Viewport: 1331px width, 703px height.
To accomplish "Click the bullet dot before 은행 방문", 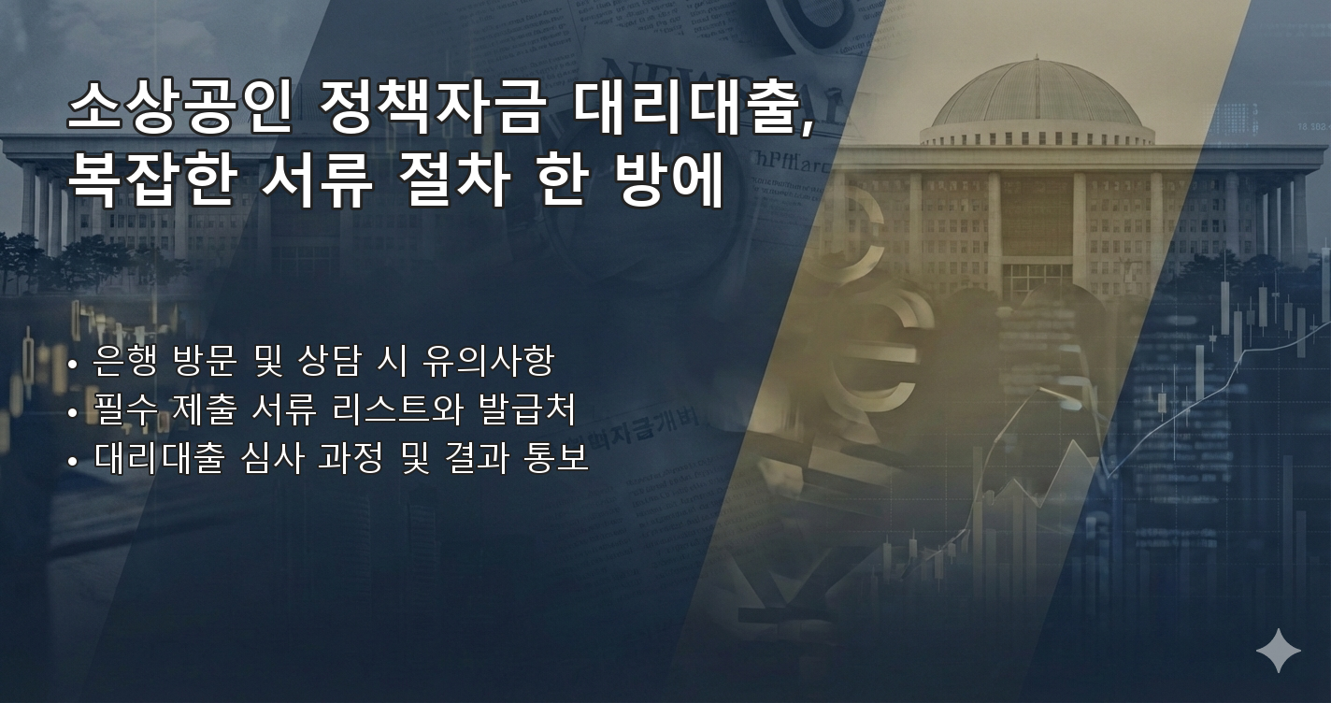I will pyautogui.click(x=73, y=363).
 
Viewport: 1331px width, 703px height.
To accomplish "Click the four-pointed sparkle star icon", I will pyautogui.click(x=1278, y=651).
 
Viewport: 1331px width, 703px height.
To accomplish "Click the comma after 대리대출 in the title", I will pyautogui.click(x=808, y=128).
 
